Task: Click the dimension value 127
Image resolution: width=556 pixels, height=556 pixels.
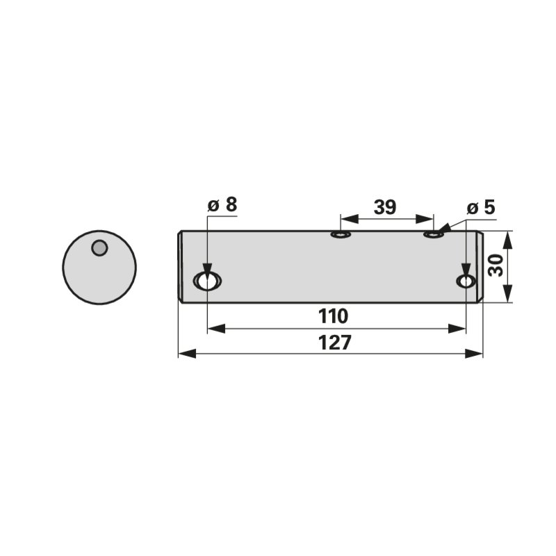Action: click(x=334, y=343)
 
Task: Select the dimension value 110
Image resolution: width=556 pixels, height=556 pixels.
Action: click(x=333, y=316)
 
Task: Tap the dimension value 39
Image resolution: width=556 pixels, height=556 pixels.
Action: click(x=385, y=207)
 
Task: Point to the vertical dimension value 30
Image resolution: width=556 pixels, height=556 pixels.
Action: click(x=496, y=265)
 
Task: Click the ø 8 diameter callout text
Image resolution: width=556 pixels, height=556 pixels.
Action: click(x=222, y=204)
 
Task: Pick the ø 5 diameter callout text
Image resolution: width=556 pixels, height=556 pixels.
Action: click(x=481, y=207)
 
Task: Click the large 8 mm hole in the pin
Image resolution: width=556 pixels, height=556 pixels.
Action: click(x=207, y=281)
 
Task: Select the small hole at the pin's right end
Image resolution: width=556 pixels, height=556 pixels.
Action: click(x=466, y=281)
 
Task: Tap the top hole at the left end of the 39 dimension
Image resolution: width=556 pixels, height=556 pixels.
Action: click(x=341, y=234)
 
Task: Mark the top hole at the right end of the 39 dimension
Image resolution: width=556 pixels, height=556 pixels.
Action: click(x=434, y=234)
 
